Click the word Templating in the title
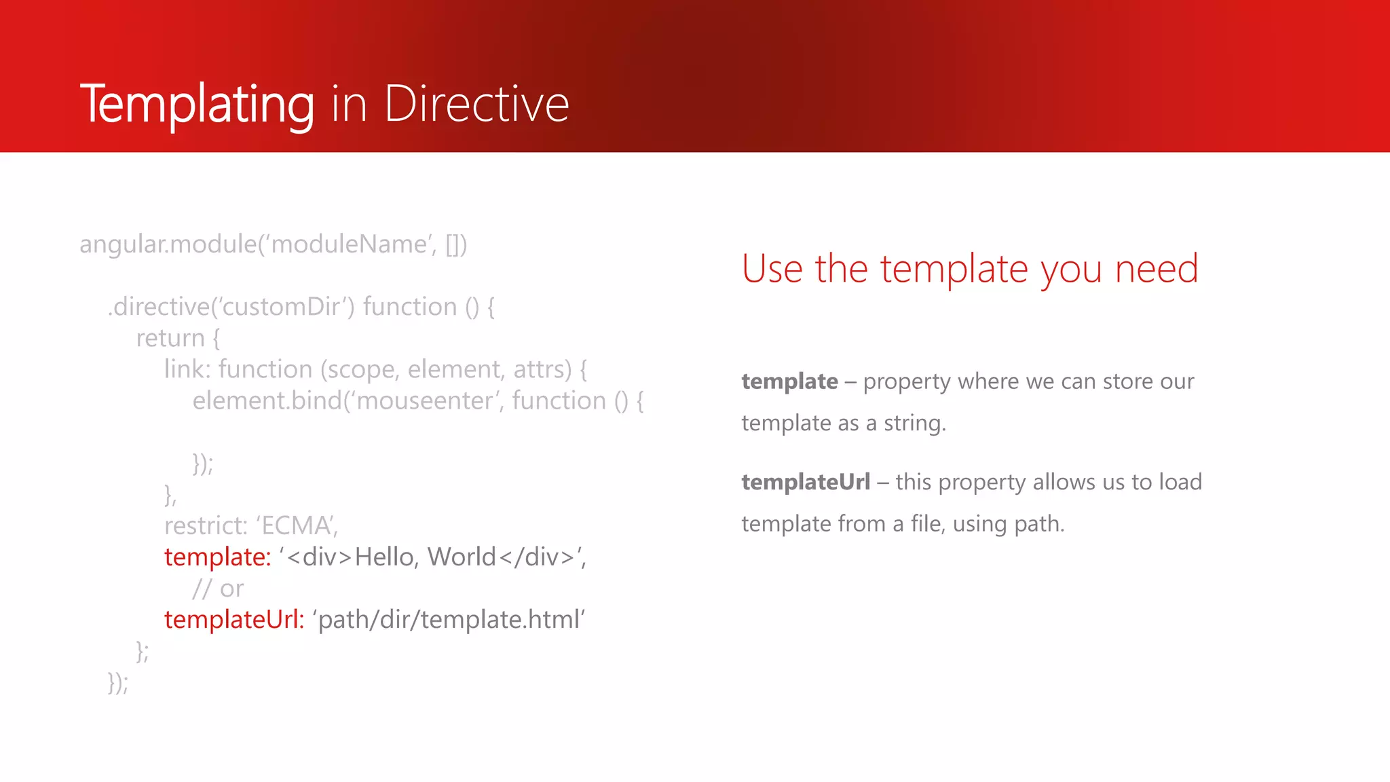pos(197,104)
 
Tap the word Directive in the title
pos(476,104)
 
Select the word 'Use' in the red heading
pos(772,269)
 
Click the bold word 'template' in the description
pos(789,381)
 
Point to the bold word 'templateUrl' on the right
pos(805,482)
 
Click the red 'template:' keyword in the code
pos(217,557)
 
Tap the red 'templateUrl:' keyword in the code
pos(233,620)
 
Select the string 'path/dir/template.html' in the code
pos(449,620)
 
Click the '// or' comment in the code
pos(218,589)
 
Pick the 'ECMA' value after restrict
pos(297,526)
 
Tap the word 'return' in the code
pos(170,338)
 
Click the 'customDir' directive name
pos(281,307)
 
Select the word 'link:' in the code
pos(187,369)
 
